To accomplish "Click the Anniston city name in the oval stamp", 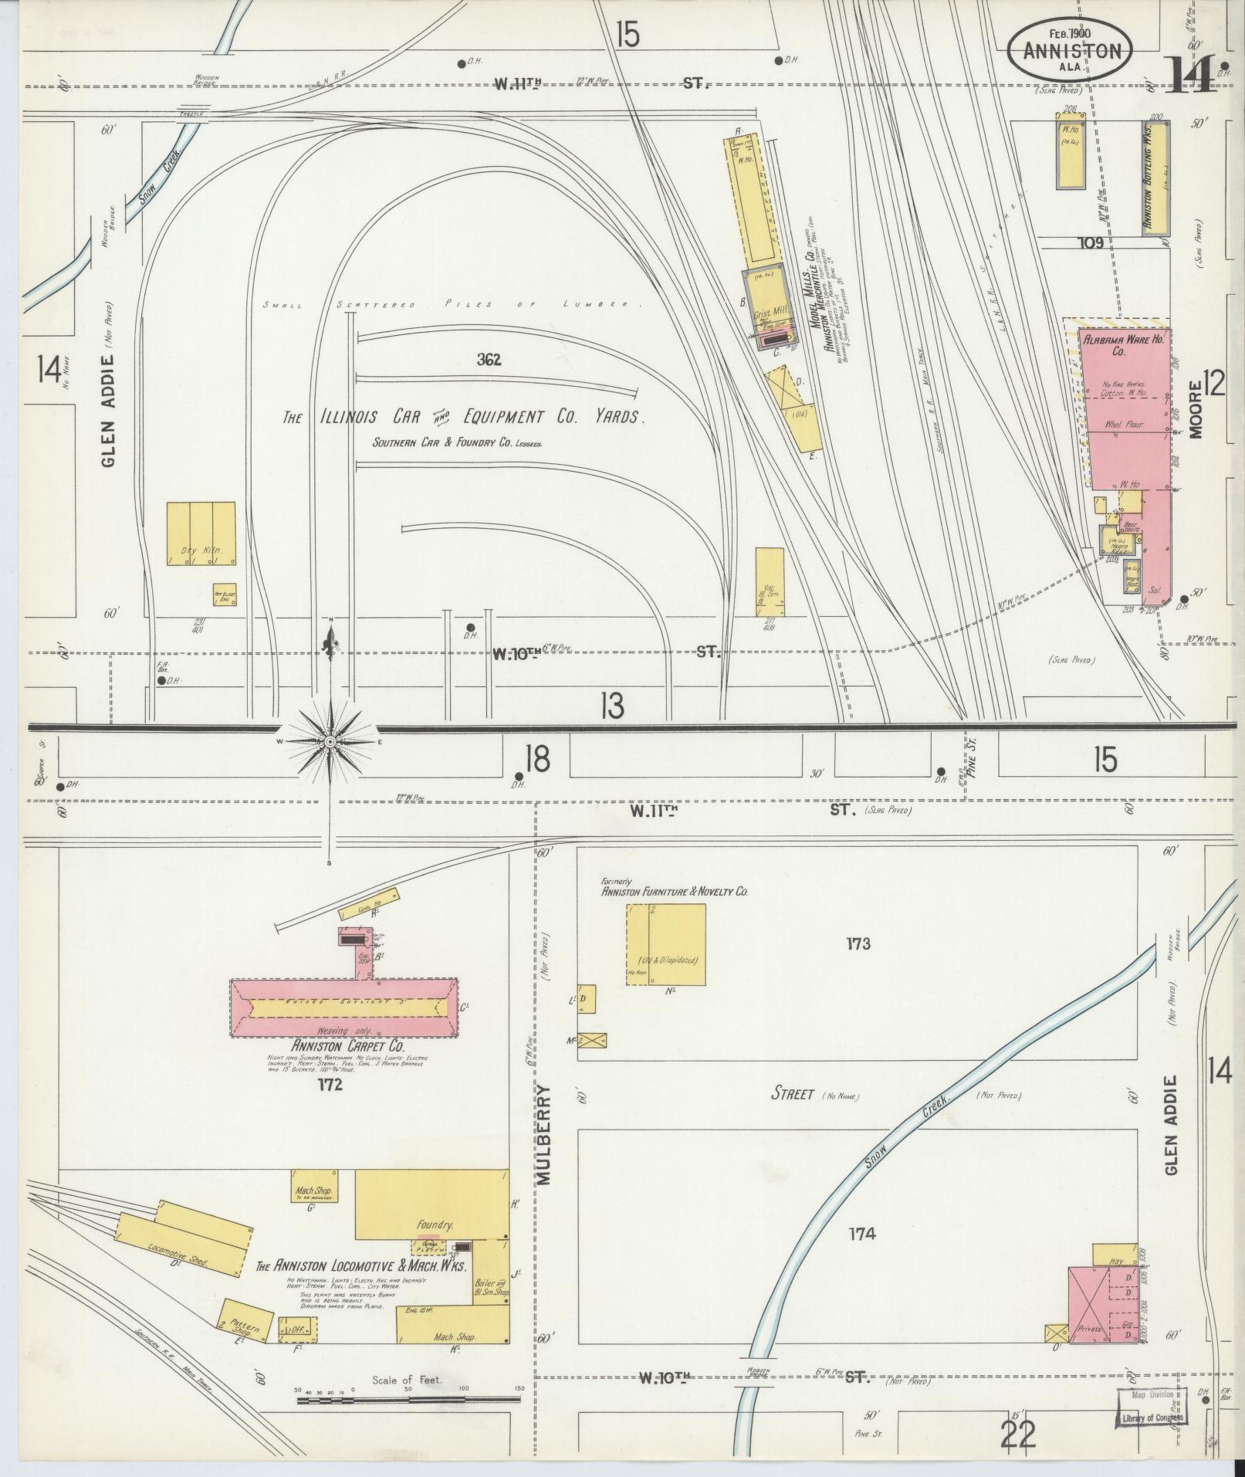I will [1071, 51].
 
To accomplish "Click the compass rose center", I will [330, 741].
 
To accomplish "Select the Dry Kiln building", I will [201, 534].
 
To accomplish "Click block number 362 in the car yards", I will [489, 359].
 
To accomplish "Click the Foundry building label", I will [434, 1225].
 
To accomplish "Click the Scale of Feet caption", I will [406, 1380].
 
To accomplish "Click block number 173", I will [858, 943].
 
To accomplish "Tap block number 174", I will [861, 1234].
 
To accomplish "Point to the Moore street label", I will [1196, 409].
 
